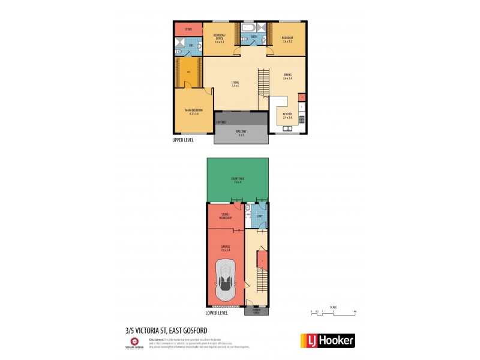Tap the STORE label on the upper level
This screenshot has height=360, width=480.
click(188, 29)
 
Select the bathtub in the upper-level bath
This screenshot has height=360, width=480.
click(248, 28)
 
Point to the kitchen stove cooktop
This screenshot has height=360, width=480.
click(301, 118)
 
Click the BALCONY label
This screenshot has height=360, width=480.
click(241, 133)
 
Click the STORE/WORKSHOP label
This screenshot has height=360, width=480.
click(226, 214)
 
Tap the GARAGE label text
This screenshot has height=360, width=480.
click(226, 247)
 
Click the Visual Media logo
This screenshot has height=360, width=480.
click(136, 341)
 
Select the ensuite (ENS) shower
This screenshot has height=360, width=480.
click(179, 43)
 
